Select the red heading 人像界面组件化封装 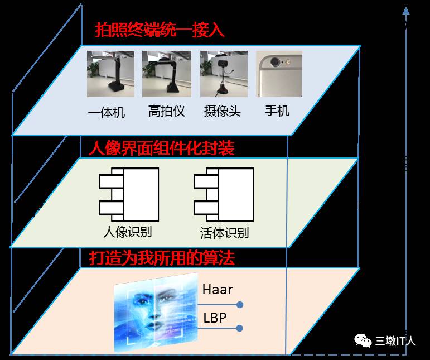coord(162,148)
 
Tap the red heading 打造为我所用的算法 coord(162,258)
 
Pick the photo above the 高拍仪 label coord(167,74)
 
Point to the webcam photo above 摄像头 coord(224,74)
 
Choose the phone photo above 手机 coord(279,74)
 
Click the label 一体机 coord(107,112)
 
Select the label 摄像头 coord(223,111)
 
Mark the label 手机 coord(277,111)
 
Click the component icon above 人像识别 coord(129,194)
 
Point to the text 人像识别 coord(128,231)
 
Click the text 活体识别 coord(224,232)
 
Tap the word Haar coord(218,290)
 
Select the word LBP coord(215,318)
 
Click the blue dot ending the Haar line coord(240,305)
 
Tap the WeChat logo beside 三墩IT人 coord(363,339)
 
